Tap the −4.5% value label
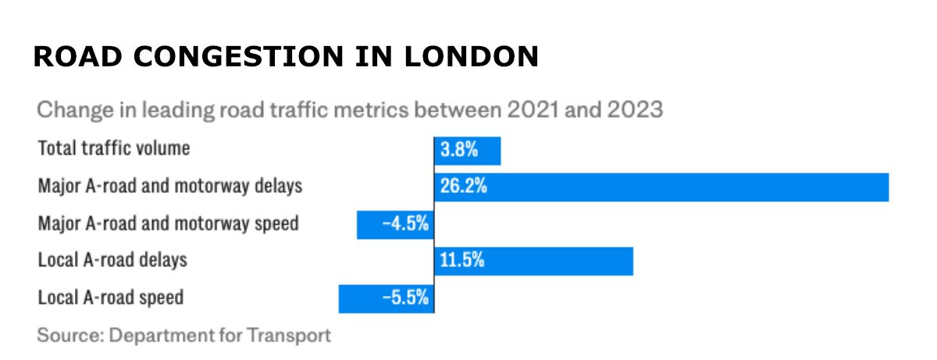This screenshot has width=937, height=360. tap(406, 224)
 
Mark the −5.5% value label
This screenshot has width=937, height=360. tap(406, 298)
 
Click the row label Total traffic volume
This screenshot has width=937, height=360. tap(114, 148)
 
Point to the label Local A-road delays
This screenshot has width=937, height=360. tap(112, 260)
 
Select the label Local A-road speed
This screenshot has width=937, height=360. tap(110, 298)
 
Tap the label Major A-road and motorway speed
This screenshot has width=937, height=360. tap(168, 223)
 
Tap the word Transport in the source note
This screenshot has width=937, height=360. tap(290, 336)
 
